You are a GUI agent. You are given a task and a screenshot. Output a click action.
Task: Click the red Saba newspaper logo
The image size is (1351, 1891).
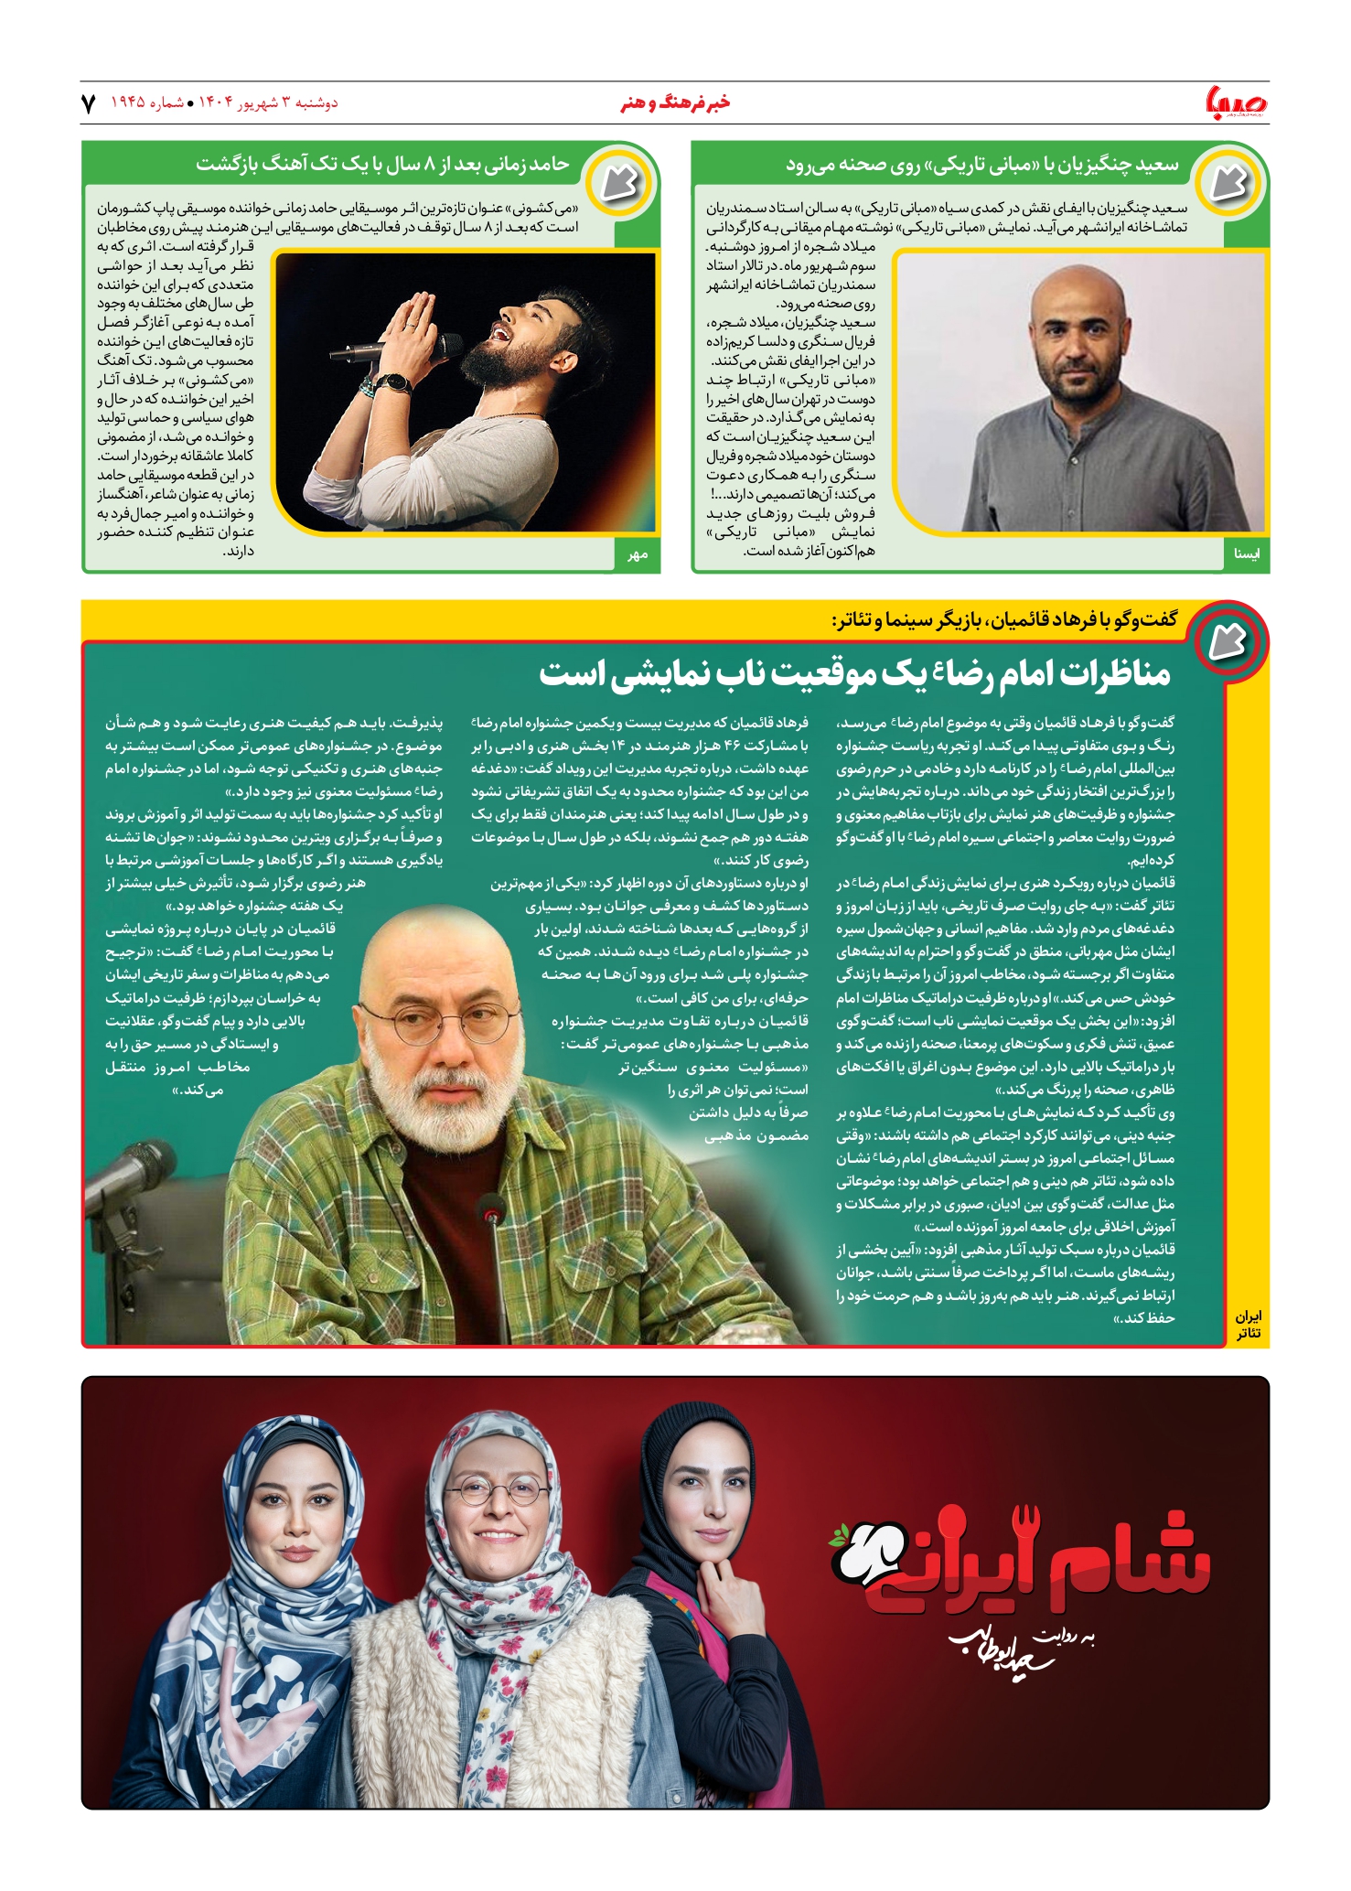[1237, 102]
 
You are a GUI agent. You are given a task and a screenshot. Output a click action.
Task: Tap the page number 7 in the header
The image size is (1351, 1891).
[89, 103]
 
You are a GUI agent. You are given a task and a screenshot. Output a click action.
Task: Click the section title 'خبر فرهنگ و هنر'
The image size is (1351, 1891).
[675, 103]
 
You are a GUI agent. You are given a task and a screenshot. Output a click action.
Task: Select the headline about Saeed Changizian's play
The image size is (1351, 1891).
[981, 166]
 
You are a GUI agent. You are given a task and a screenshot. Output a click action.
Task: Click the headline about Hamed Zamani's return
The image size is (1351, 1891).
[382, 165]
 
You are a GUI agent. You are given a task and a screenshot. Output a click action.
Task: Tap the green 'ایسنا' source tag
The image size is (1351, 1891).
[1246, 553]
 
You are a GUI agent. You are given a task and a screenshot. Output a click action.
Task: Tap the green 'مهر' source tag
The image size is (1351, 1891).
[638, 554]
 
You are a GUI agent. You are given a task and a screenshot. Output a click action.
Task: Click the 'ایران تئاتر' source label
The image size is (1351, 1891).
[1248, 1326]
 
